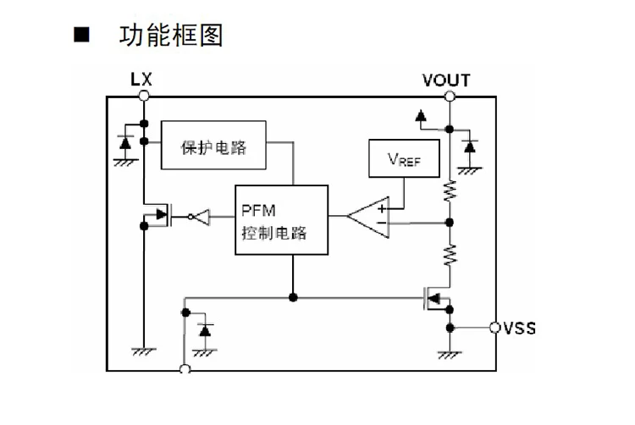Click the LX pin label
(141, 79)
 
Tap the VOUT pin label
(446, 80)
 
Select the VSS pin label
(520, 328)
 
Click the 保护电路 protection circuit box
(213, 145)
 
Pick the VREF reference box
(404, 158)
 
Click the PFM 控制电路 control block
(281, 220)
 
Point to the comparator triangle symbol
(368, 218)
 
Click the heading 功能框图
(171, 36)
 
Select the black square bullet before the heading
(81, 35)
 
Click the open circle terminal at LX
(144, 96)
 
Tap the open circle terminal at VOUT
(450, 97)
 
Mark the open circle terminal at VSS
(495, 328)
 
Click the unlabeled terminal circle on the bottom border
(185, 369)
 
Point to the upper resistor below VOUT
(450, 191)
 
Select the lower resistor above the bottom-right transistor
(450, 255)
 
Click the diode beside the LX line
(125, 142)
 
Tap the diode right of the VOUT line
(470, 146)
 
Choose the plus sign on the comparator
(382, 208)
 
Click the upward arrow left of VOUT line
(421, 115)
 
